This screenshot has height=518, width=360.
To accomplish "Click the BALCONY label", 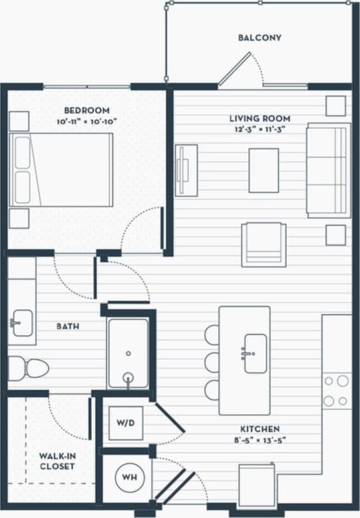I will point(260,38).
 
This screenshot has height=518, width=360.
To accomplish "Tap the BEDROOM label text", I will point(87,110).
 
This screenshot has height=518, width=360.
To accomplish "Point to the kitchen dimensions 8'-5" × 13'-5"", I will point(256,440).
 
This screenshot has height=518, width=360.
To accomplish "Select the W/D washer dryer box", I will point(126,423).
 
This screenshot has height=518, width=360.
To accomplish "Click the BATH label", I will point(68,326).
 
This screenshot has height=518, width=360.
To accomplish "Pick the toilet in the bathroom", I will point(29,368).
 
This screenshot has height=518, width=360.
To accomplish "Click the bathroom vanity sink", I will point(22,323).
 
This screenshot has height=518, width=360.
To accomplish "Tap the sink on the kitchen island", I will point(255,353).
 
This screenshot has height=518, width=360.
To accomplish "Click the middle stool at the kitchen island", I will point(212,362).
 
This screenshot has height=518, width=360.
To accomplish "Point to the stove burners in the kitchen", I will point(336,391).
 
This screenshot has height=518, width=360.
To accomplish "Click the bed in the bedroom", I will point(61,169).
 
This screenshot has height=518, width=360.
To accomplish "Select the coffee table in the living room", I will point(264,170).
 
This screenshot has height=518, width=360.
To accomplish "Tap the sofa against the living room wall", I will point(328,170).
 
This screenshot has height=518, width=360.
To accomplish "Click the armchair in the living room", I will point(264,245).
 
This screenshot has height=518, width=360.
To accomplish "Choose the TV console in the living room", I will point(186,170).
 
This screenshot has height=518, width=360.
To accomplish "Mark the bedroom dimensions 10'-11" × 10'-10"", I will point(87,122).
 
